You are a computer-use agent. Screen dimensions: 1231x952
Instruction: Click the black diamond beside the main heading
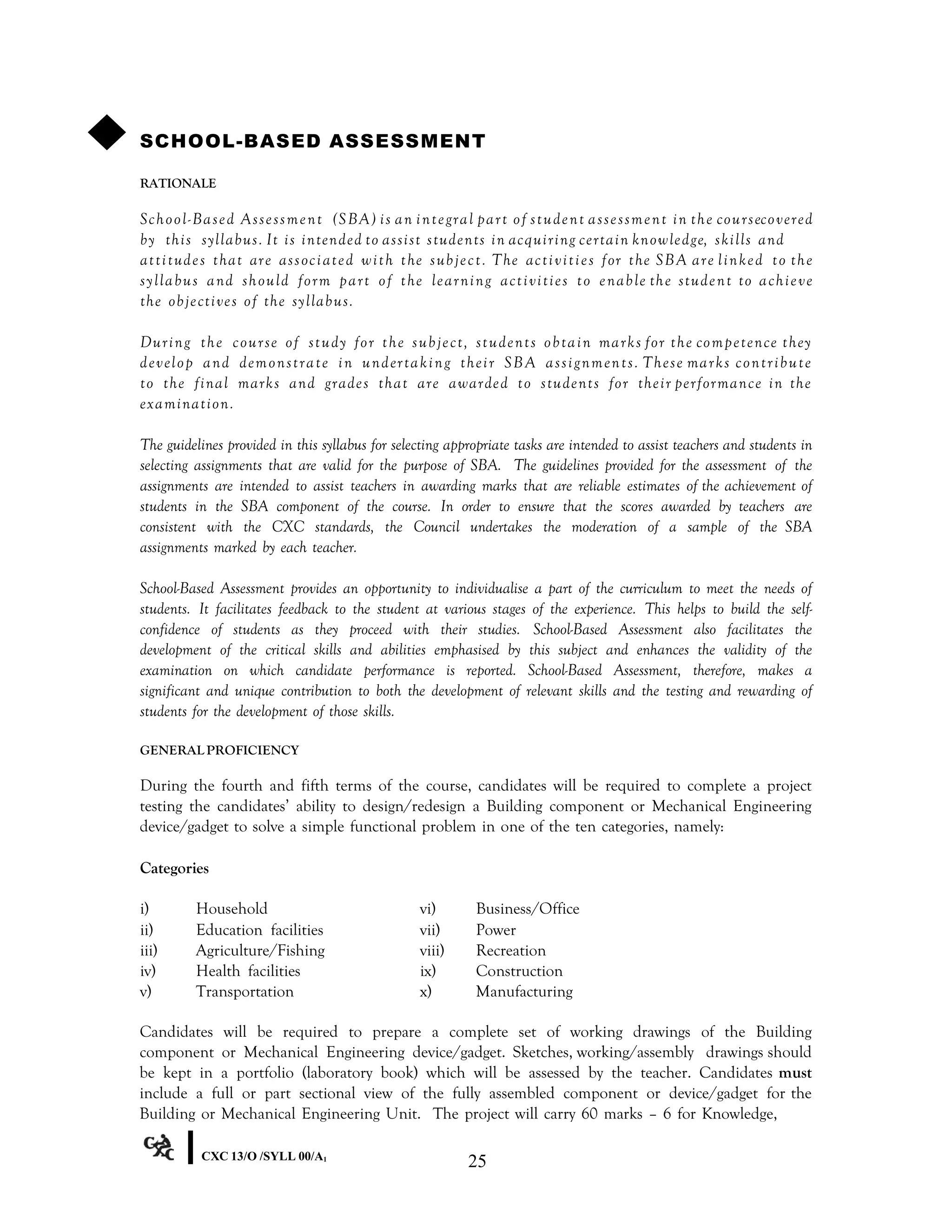106,132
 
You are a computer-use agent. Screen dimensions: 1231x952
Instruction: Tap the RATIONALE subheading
178,184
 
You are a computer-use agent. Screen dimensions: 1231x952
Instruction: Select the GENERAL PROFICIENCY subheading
219,750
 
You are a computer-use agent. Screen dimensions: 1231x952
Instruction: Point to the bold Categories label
174,868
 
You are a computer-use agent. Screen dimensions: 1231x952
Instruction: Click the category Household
232,909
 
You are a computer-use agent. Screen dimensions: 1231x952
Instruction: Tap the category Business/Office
527,909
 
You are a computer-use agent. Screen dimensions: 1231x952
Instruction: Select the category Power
496,930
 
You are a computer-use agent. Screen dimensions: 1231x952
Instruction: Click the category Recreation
511,950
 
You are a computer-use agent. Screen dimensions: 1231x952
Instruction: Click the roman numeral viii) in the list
432,950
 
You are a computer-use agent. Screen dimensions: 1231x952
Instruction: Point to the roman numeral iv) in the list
148,971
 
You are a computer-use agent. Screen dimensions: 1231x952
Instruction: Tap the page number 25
476,1161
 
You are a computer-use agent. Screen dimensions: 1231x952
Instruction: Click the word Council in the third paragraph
436,527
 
